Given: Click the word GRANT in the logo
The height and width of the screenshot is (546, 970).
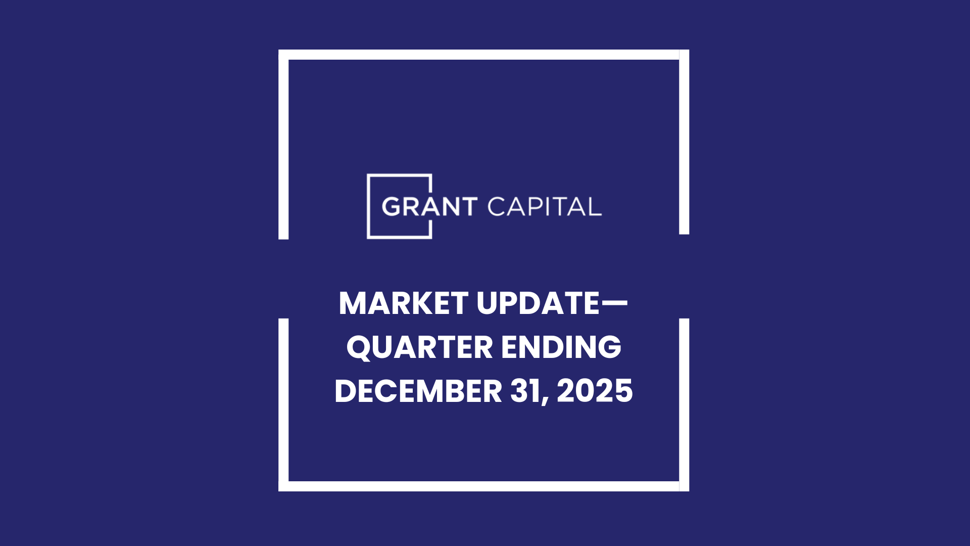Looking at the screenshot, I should (429, 207).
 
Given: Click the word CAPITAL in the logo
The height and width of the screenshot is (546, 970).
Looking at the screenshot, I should (545, 207).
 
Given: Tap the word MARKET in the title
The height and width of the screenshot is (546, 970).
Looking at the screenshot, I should (403, 303).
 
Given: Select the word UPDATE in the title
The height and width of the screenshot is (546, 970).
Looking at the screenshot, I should (538, 303).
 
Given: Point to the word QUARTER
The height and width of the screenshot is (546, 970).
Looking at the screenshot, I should (419, 347).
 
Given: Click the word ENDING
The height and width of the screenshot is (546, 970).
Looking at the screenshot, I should (561, 347).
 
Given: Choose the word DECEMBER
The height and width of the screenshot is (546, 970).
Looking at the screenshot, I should (418, 391).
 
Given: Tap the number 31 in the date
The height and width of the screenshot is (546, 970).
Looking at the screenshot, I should (525, 391).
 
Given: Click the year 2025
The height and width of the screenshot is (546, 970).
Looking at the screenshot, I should (595, 391).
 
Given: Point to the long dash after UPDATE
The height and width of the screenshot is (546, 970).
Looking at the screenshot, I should (614, 303).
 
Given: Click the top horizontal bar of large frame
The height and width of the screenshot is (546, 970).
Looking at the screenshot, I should (483, 55).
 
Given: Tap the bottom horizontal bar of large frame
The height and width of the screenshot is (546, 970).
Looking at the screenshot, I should (483, 486).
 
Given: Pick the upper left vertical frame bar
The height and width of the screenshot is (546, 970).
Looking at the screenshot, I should (283, 147).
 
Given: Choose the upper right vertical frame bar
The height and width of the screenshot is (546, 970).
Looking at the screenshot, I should (684, 144).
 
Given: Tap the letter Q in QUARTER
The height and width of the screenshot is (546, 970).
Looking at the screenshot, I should (359, 348).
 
